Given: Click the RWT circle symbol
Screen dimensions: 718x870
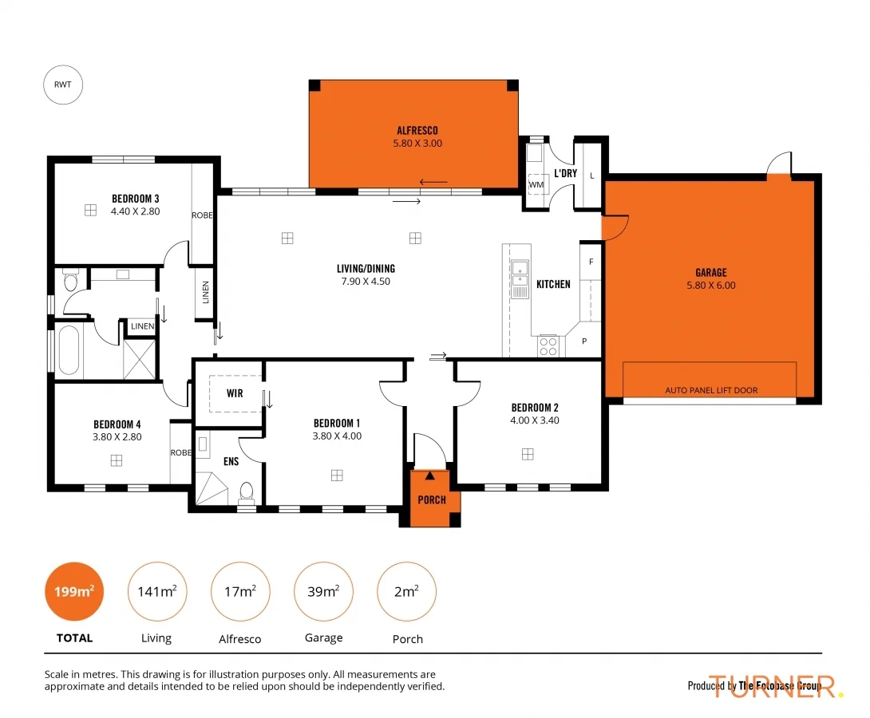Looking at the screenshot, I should click(63, 85).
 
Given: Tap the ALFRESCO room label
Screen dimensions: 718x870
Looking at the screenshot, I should click(417, 130).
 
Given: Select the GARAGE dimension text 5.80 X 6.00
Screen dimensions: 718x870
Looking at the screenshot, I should click(710, 286).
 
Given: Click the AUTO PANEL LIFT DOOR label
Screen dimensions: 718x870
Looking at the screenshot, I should click(711, 390).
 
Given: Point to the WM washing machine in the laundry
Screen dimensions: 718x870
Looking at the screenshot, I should click(536, 184).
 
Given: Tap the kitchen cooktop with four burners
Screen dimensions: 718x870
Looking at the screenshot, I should click(548, 345).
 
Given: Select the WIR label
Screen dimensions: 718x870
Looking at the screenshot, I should click(235, 393).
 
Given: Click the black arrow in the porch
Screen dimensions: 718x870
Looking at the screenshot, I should click(430, 475).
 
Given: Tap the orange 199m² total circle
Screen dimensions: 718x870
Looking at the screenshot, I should click(74, 592).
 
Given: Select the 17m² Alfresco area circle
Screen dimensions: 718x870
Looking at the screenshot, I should click(240, 592).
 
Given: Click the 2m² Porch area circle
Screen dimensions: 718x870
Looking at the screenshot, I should click(406, 592).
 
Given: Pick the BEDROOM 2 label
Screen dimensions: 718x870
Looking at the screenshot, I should click(535, 408).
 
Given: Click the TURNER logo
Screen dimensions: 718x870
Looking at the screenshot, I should click(774, 685).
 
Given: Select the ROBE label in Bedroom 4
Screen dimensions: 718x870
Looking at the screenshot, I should click(181, 452).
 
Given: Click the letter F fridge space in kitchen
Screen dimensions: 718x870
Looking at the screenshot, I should click(591, 262).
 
